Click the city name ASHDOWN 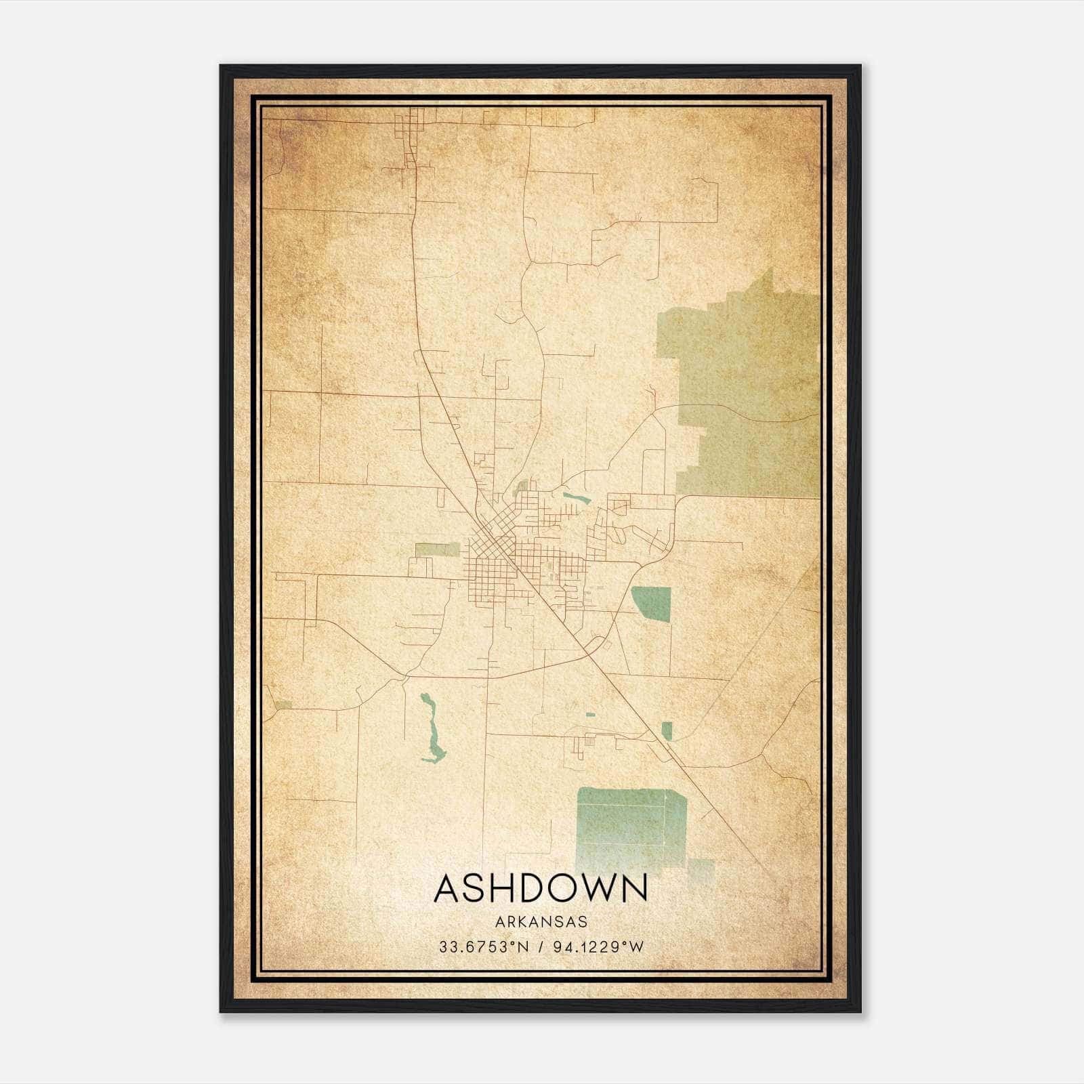point(541,888)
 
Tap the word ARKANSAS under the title point(541,922)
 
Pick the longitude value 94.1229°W point(598,947)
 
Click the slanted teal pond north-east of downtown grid point(576,498)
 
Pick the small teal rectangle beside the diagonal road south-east point(667,731)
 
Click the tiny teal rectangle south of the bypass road point(590,714)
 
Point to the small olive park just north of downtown point(522,486)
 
